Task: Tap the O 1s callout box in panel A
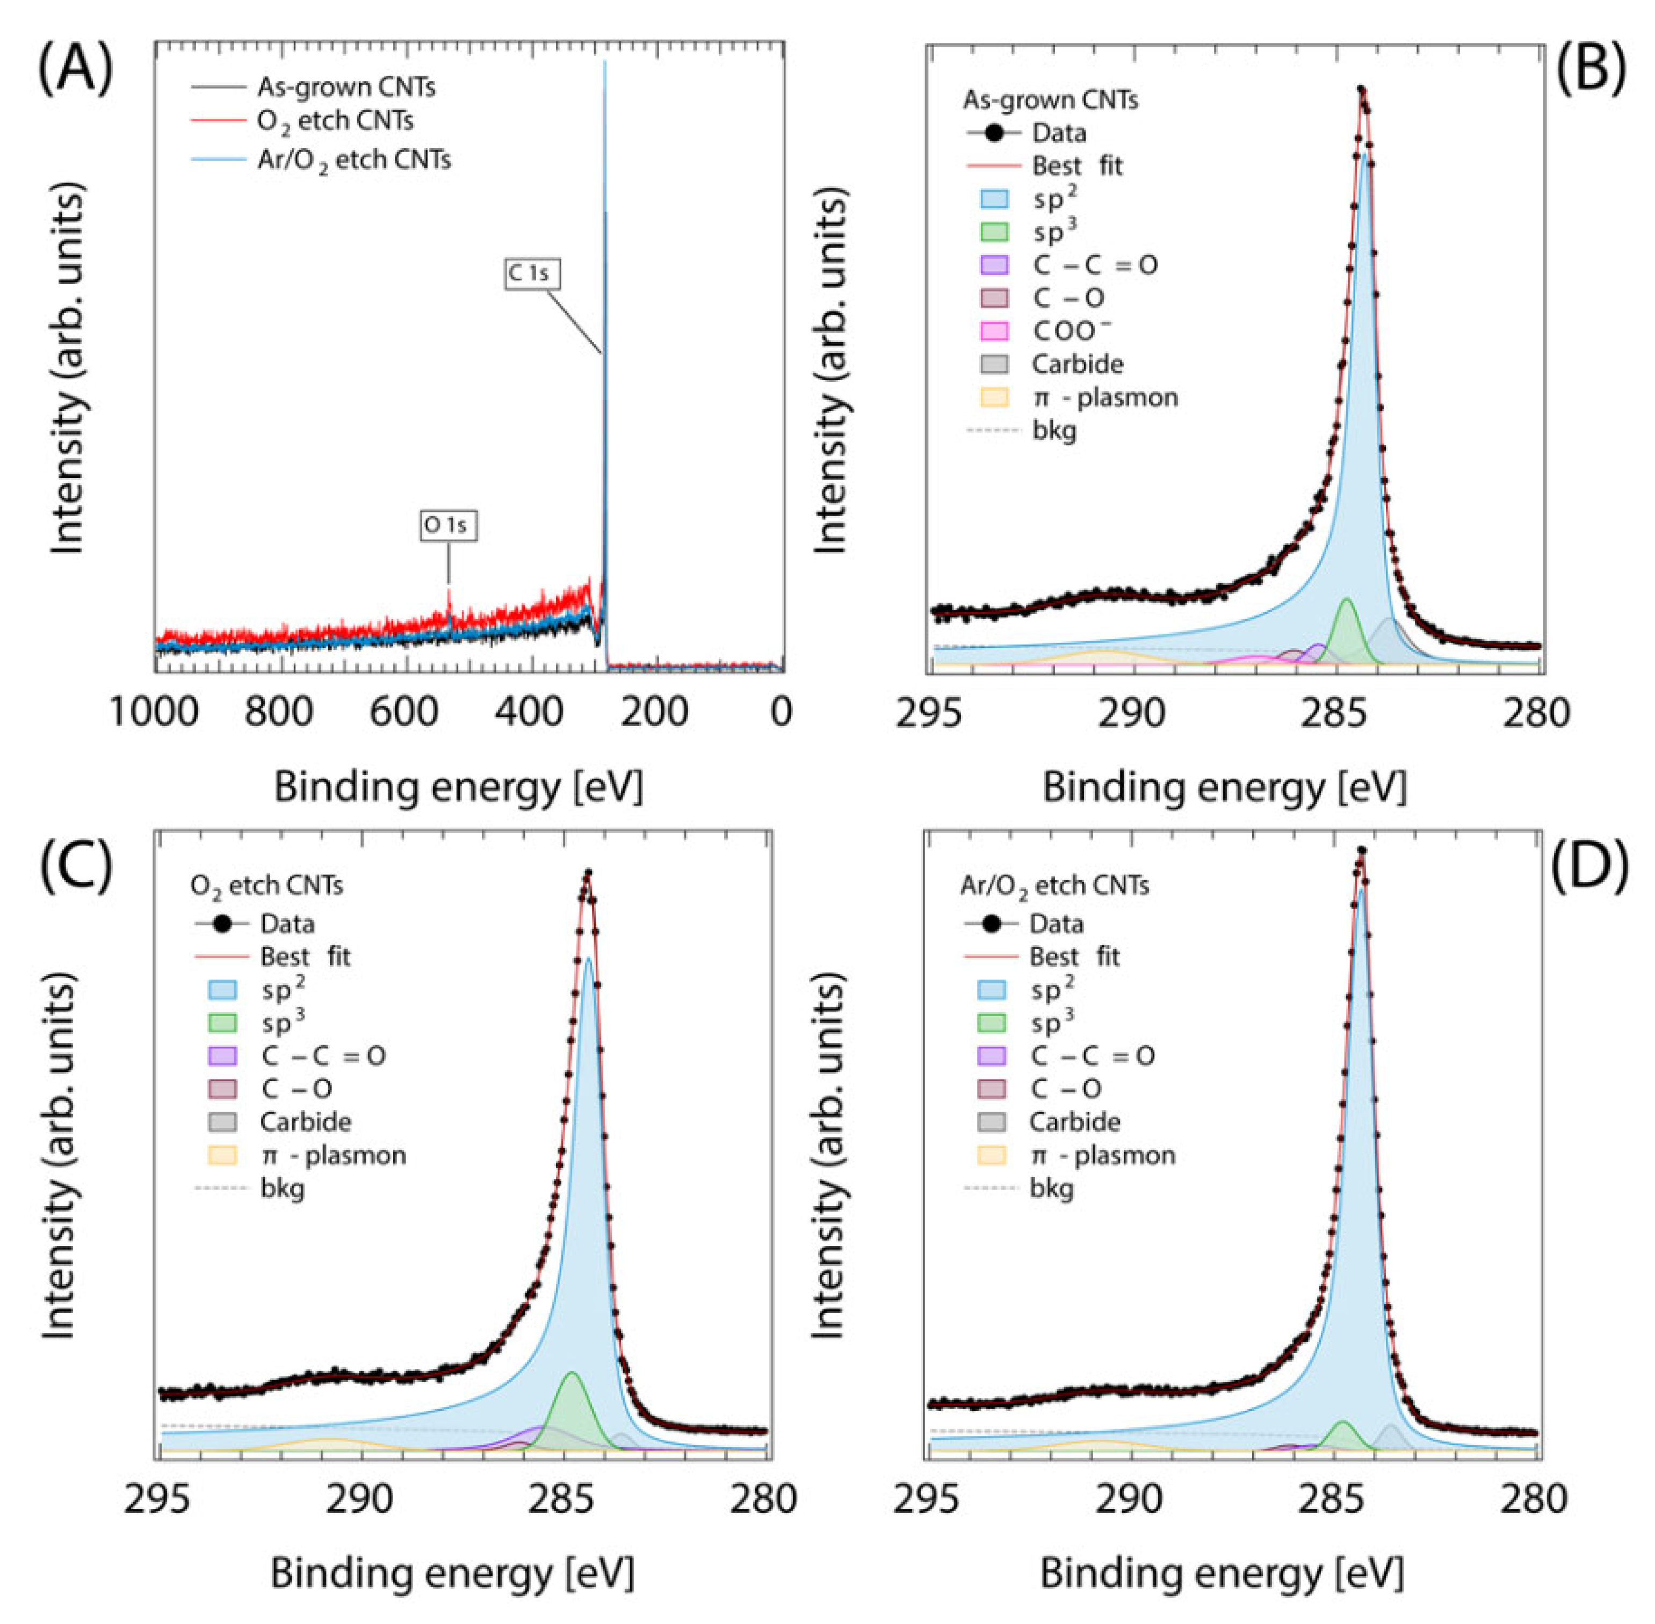[448, 525]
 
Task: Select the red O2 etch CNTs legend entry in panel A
[335, 122]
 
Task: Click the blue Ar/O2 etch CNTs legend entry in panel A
[353, 160]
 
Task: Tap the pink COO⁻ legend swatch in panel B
[994, 331]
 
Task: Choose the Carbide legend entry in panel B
[1076, 364]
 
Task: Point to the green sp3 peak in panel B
[1347, 627]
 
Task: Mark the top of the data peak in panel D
[1362, 851]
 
